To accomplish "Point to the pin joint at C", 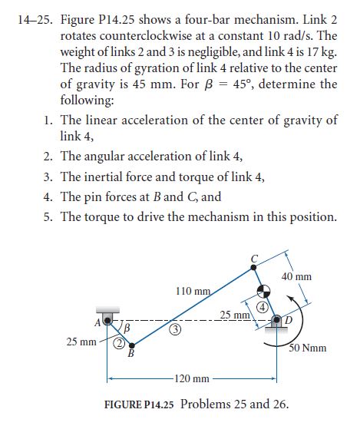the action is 255,266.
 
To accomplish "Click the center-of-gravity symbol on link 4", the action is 263,290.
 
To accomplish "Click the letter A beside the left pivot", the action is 96,319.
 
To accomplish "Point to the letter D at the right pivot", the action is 289,319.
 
